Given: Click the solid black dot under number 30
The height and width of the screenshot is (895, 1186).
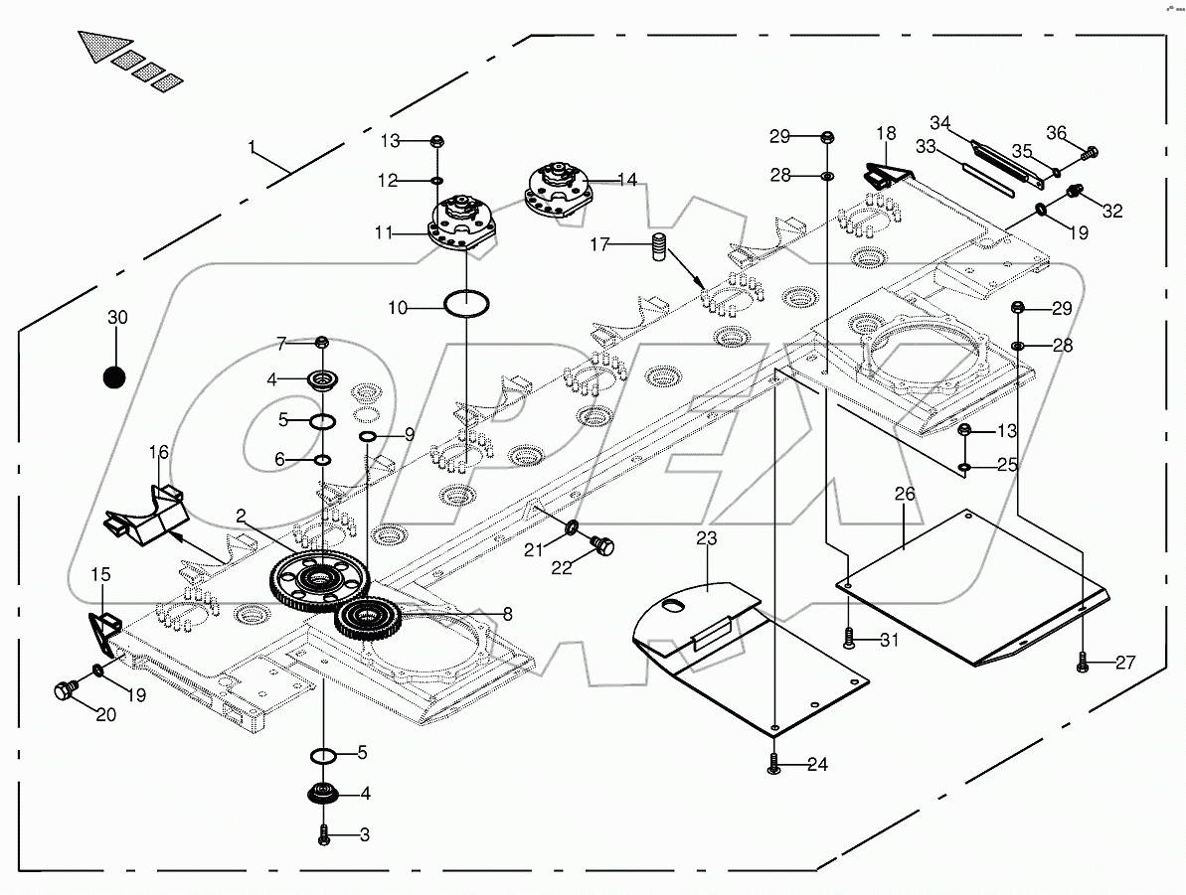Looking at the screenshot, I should coord(116,377).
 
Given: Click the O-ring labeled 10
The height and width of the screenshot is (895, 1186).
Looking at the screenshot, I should coord(466,303).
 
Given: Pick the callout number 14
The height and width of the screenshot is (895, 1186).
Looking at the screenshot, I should coord(627,180).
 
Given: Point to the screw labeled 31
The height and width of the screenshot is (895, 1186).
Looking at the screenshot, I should coord(848,641).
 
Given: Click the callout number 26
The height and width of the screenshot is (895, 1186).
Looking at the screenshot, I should coord(904,494).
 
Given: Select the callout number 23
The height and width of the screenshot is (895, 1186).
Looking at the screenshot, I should coord(706,539).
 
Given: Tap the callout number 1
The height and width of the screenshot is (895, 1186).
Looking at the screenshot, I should coord(254,148).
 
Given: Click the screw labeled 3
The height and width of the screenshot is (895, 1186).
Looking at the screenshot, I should coord(323,835).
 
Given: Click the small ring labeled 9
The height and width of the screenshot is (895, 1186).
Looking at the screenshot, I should coord(366,437).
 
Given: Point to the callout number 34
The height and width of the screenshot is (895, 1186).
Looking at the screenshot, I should coord(939,122).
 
